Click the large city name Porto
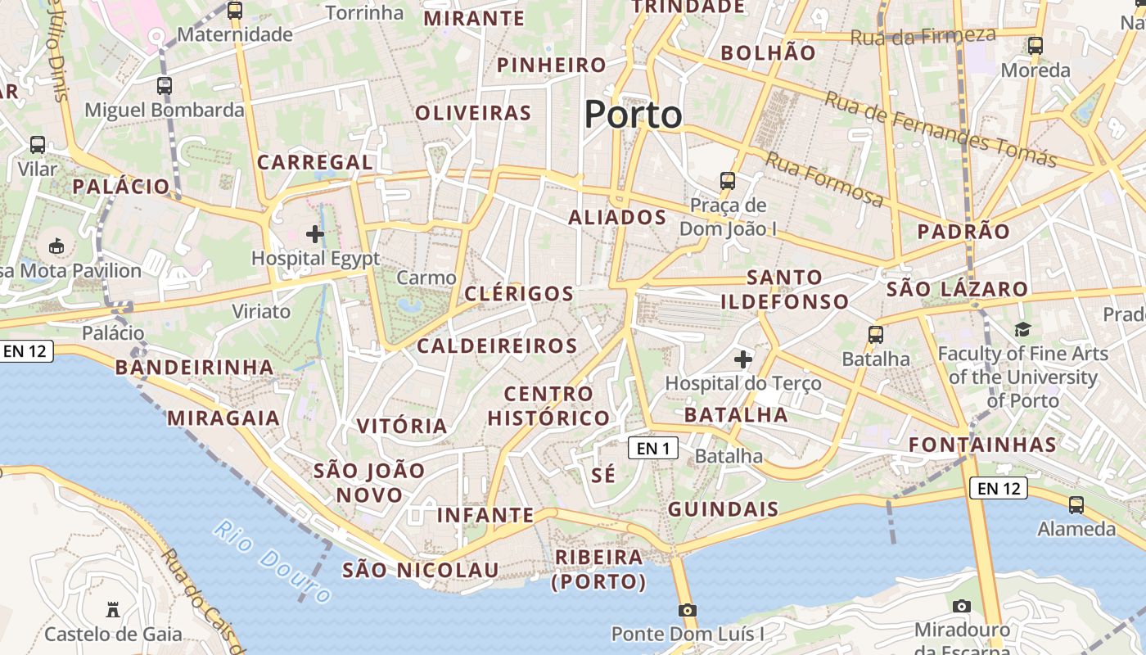[x=633, y=115]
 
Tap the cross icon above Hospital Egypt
[x=315, y=235]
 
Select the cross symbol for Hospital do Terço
[x=743, y=359]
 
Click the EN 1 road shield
[x=653, y=448]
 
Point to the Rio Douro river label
[x=273, y=561]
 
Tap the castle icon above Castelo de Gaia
[x=113, y=610]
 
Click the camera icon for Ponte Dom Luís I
[x=688, y=610]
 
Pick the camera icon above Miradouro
[x=962, y=606]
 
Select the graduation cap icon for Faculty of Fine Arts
[x=1022, y=330]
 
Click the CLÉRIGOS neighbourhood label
[x=519, y=294]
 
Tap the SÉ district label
[x=603, y=475]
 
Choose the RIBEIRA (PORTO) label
[x=599, y=569]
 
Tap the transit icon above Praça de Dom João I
[x=727, y=181]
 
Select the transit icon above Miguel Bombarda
[x=165, y=86]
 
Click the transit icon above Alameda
[x=1076, y=505]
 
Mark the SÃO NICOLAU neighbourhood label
[x=421, y=570]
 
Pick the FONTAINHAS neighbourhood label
[x=982, y=445]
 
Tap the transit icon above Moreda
[x=1035, y=46]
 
